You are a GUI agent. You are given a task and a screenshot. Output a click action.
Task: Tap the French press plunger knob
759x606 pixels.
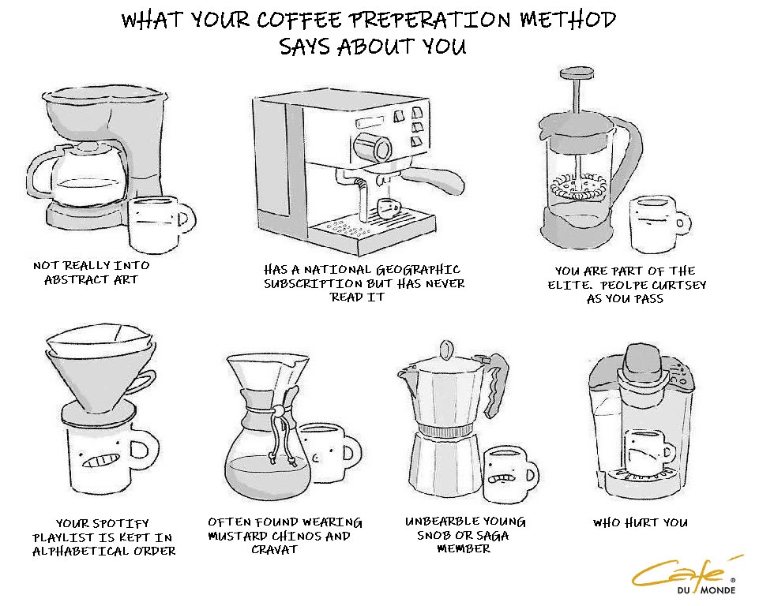pos(577,73)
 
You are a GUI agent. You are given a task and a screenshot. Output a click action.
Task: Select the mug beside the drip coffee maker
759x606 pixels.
pos(160,223)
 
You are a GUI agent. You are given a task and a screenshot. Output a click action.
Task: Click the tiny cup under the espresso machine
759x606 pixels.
pos(389,208)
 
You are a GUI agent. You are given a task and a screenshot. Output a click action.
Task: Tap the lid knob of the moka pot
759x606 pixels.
pos(445,350)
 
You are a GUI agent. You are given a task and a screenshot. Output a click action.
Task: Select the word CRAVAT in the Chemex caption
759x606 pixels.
pos(274,549)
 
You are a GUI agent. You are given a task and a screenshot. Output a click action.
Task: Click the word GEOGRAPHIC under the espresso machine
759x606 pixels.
pos(419,269)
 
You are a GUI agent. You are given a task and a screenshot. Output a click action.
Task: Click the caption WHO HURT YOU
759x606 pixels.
pos(641,522)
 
